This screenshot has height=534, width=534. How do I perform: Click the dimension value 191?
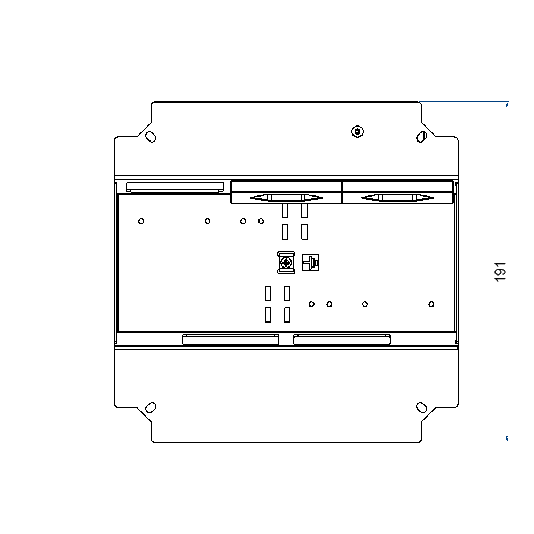coord(500,272)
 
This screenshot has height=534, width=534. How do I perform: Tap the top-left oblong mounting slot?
coord(151,137)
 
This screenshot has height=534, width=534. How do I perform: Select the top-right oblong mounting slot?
coord(421,137)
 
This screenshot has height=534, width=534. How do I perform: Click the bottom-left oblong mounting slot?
coord(151,407)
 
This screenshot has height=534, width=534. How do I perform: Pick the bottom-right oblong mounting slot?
coord(421,407)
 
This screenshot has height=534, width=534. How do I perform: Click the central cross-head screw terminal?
coord(287,263)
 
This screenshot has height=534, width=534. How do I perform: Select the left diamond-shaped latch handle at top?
coord(286,198)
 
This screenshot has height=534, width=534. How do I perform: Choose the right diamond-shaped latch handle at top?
coord(397,198)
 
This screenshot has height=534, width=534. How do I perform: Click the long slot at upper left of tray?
coord(175,186)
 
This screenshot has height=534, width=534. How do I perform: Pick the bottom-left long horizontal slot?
coord(230,340)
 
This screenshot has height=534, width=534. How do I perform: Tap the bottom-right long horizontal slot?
coord(342,340)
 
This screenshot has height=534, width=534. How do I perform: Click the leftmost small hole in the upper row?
coord(141,221)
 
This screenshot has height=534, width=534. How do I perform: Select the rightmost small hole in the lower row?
coord(431,304)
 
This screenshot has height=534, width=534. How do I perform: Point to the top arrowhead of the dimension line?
coord(507,105)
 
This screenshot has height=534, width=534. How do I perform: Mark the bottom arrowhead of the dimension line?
coord(507,438)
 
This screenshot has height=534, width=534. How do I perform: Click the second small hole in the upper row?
coord(208,221)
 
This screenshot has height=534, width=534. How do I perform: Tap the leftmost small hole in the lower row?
coord(311,304)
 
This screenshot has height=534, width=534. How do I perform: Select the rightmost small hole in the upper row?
coord(261,221)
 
